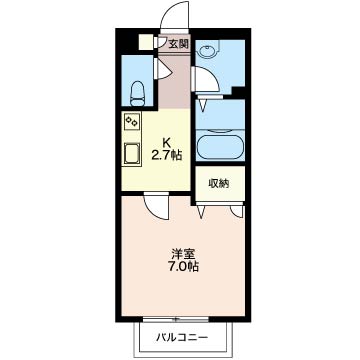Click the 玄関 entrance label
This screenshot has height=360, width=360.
click(177, 43)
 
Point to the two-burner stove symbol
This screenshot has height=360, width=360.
click(132, 123)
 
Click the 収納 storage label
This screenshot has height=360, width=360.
click(219, 183)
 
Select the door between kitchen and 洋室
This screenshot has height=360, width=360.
click(156, 205)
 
